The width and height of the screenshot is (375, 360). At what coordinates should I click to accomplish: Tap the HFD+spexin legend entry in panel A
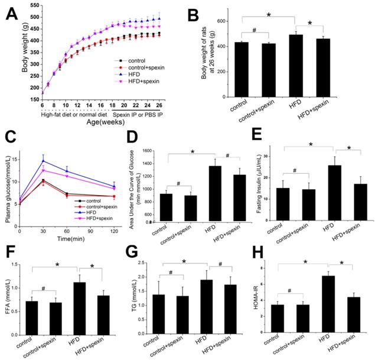click(151, 85)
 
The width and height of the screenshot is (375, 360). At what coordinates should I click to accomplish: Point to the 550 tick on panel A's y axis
click(37, 6)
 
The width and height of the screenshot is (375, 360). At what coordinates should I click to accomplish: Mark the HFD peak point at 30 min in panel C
click(43, 160)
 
